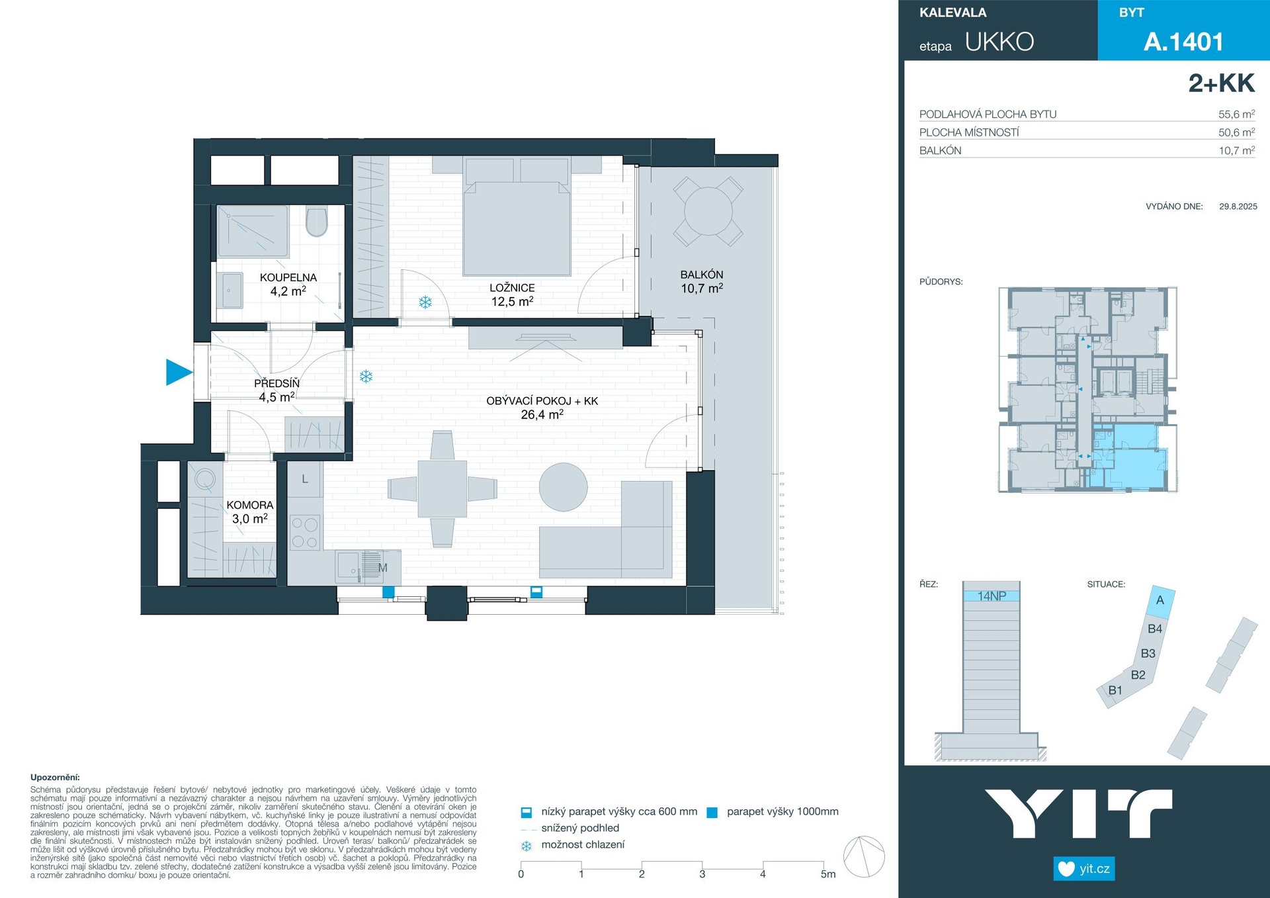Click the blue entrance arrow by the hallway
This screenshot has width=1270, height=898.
tap(177, 372)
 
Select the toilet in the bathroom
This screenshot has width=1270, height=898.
tap(317, 222)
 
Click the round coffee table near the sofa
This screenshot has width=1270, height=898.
tap(564, 487)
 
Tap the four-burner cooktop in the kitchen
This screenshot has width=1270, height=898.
tap(305, 533)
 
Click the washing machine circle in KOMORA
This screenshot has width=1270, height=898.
tap(205, 478)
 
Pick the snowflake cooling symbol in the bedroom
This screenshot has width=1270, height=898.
tap(425, 302)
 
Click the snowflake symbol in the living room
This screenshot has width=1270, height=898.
tap(366, 377)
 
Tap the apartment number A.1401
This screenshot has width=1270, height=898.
tap(1183, 42)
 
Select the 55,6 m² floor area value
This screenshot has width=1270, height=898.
tap(1236, 114)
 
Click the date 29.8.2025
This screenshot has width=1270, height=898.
tap(1238, 206)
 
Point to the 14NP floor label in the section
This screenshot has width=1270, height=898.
tap(992, 596)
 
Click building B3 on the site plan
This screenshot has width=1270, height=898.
tap(1148, 653)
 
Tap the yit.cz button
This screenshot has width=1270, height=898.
tap(1084, 868)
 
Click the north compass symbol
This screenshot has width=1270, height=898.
tap(864, 857)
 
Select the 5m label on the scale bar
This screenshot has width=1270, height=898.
tap(828, 874)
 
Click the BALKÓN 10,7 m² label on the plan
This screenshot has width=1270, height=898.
tap(702, 281)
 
